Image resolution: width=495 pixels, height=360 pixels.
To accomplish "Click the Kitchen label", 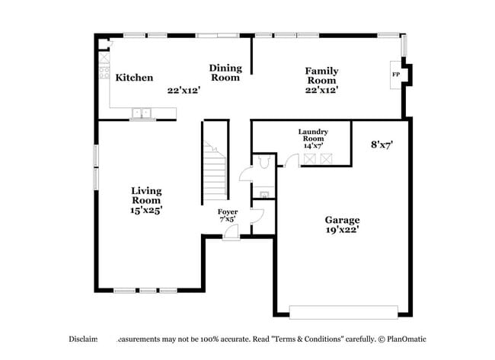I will [x=134, y=78].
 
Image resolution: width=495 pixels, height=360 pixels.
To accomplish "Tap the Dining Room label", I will [x=225, y=72].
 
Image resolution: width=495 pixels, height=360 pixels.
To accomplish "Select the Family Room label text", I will [x=322, y=75].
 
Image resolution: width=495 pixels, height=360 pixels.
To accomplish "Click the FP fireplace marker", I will [x=395, y=75].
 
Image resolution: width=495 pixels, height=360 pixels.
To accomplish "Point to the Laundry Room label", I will [x=313, y=135].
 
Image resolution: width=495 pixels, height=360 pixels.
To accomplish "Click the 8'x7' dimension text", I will [x=382, y=143].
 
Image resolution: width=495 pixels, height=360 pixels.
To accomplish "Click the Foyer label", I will [x=228, y=212].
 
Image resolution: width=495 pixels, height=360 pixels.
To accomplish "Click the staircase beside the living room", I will [x=215, y=171].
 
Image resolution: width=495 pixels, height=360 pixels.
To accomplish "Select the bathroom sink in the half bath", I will [x=263, y=194].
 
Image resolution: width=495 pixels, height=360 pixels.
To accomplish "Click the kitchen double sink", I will [x=141, y=114].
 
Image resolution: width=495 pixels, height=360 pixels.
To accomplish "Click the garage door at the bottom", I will [x=343, y=312].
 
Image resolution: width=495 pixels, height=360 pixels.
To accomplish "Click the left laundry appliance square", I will [x=310, y=158].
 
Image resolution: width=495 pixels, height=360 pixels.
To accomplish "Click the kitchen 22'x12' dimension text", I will [x=184, y=90].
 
